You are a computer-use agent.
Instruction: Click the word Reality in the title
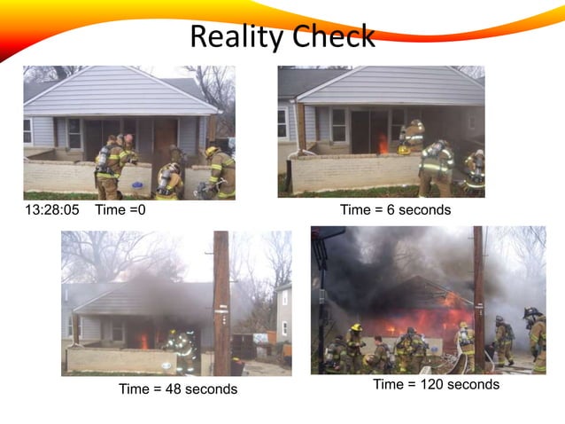click(x=232, y=37)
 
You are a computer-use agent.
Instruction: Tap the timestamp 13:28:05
click(x=52, y=210)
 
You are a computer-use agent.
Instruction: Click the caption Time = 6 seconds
click(x=395, y=210)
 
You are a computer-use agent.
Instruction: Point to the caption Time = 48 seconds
click(x=178, y=389)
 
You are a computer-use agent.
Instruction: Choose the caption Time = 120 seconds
click(x=436, y=384)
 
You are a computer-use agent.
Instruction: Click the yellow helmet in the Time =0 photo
click(x=211, y=152)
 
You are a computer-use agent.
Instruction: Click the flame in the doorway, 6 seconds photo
click(x=383, y=144)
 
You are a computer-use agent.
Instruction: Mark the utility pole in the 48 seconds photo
click(x=221, y=302)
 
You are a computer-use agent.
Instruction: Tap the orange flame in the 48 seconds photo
click(x=143, y=340)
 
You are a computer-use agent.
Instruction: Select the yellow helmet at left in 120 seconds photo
click(x=356, y=327)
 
